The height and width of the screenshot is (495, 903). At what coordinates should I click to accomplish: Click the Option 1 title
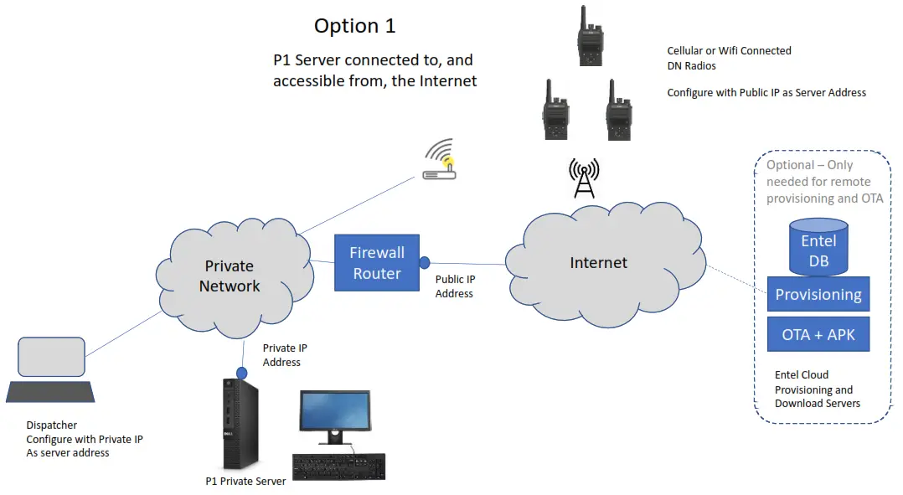(x=354, y=26)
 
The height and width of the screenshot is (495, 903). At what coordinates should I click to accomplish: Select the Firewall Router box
(x=377, y=263)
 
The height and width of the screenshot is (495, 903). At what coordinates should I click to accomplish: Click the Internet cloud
(x=598, y=262)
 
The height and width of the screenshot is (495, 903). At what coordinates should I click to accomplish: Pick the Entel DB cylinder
(x=818, y=246)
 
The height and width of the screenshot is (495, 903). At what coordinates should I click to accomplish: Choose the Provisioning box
(x=818, y=295)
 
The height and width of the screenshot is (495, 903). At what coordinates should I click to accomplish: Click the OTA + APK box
(x=818, y=334)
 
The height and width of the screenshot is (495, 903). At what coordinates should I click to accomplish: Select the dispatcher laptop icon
(x=50, y=369)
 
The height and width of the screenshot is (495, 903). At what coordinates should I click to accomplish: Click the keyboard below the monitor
(x=338, y=467)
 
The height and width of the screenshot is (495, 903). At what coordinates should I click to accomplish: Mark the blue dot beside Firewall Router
(x=425, y=262)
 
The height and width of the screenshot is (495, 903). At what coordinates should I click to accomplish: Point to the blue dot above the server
(x=241, y=371)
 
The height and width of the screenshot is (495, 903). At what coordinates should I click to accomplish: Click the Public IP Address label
(x=454, y=286)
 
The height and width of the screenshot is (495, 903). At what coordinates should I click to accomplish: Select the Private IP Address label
(x=281, y=355)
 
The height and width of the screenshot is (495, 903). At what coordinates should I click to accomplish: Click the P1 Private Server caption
(x=245, y=481)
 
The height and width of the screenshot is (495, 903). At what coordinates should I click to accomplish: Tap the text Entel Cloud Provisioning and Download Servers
(x=817, y=389)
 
